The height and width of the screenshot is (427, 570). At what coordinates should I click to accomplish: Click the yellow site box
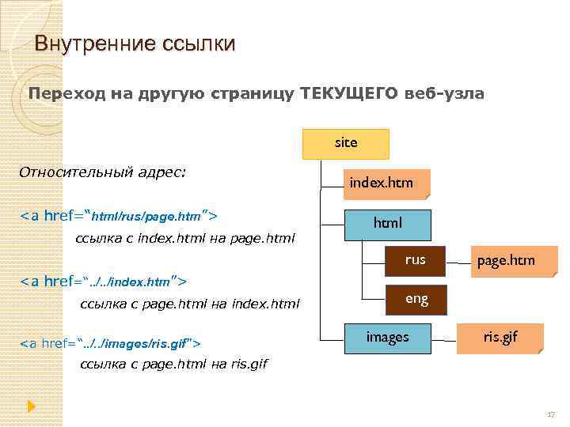pos(346,143)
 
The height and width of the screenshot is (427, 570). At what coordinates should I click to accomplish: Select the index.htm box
pos(381,183)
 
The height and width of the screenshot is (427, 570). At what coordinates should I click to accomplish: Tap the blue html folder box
pos(387,224)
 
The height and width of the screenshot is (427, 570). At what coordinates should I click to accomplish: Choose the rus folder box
pos(415,259)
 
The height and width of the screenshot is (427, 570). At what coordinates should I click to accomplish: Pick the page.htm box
pos(505,260)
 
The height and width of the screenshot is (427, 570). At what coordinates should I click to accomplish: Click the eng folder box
pos(416,299)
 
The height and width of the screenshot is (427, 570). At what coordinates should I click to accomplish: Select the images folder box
pos(387,338)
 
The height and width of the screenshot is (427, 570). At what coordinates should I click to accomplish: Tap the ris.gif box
pos(500,338)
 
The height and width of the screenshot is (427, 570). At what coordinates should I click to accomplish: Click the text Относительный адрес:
pos(103,172)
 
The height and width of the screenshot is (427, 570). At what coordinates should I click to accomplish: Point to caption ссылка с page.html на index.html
pos(191,304)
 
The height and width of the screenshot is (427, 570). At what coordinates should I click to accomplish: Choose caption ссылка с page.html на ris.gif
pos(174,365)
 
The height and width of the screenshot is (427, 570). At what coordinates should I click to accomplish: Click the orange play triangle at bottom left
pos(31,406)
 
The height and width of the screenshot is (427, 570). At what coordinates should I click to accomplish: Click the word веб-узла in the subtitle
pos(444,94)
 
